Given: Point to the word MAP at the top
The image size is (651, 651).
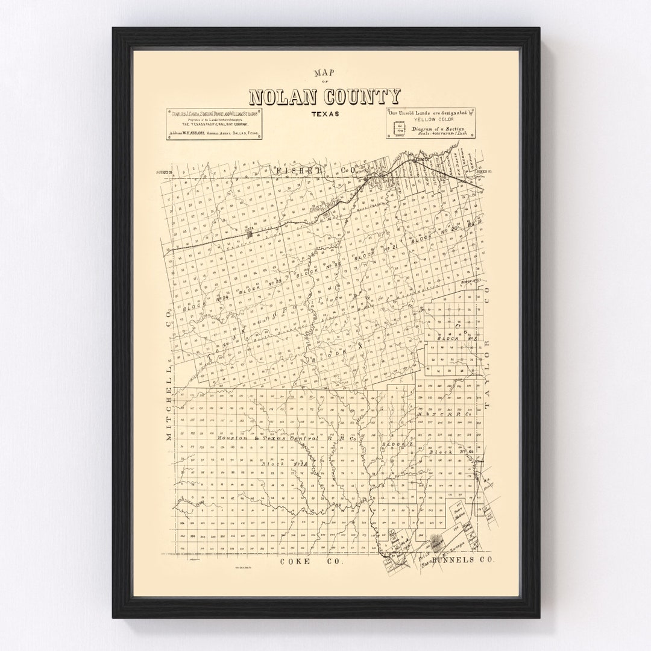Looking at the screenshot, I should [x=324, y=74].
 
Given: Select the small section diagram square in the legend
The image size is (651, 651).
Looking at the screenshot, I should [x=398, y=128].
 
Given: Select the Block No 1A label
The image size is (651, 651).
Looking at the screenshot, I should [x=283, y=464].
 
